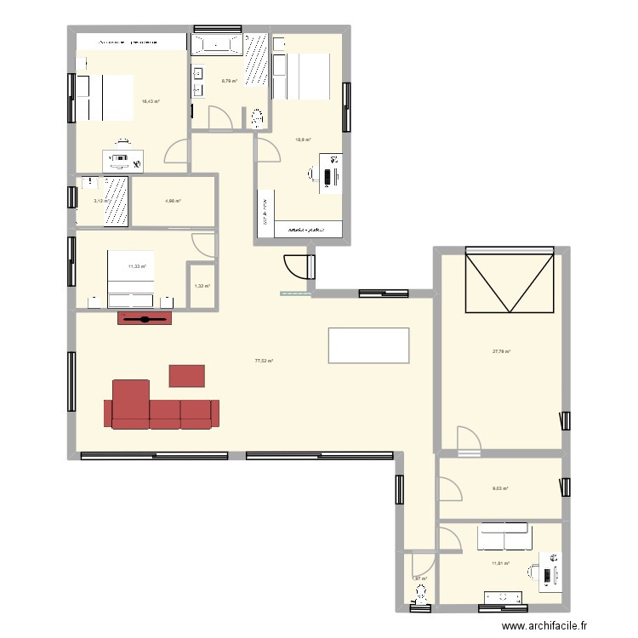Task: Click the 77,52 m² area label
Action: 264,361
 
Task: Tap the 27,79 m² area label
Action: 500,351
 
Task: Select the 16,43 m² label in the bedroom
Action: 151,101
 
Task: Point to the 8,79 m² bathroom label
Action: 229,82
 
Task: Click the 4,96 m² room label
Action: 173,201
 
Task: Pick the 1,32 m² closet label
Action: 202,287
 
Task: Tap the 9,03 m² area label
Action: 500,488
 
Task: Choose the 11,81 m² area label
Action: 500,563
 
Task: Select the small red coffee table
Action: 187,375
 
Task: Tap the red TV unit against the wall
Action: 145,318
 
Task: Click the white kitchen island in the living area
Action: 367,345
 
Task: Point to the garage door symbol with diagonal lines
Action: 510,281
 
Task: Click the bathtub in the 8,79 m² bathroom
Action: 216,44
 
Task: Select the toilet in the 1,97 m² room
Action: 418,606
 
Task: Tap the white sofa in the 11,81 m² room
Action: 504,538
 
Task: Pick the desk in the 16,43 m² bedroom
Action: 123,159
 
